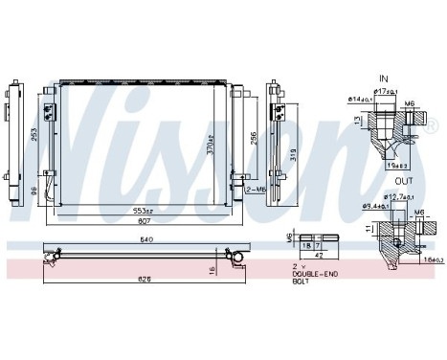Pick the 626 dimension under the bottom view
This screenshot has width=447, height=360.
coord(144,281)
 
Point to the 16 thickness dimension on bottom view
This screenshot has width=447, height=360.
coord(212,271)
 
